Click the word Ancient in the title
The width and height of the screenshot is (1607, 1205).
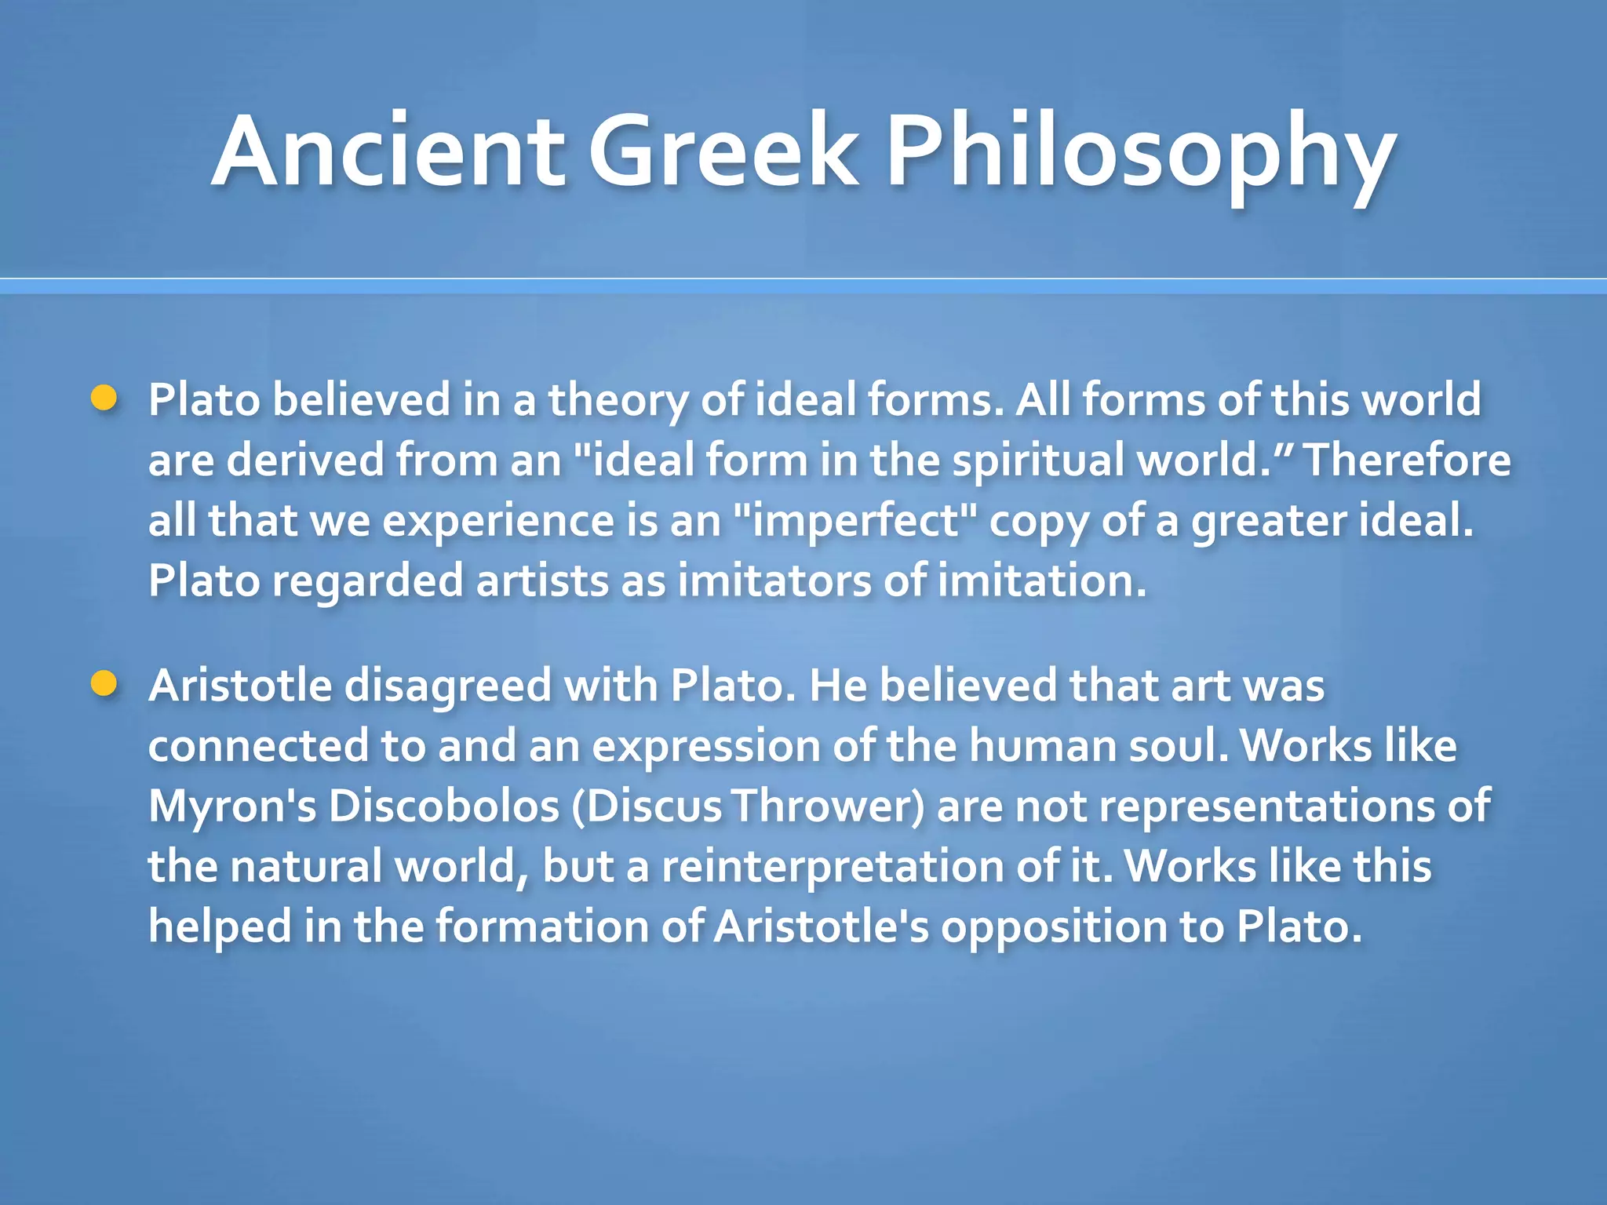[388, 151]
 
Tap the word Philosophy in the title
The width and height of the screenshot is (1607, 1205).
[1141, 153]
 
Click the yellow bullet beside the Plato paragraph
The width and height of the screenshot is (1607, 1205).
[104, 398]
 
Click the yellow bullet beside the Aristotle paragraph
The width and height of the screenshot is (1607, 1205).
[104, 683]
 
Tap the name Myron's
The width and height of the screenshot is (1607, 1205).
[232, 806]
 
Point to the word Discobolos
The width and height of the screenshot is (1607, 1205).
[443, 806]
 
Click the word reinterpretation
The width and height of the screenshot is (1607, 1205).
[833, 866]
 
